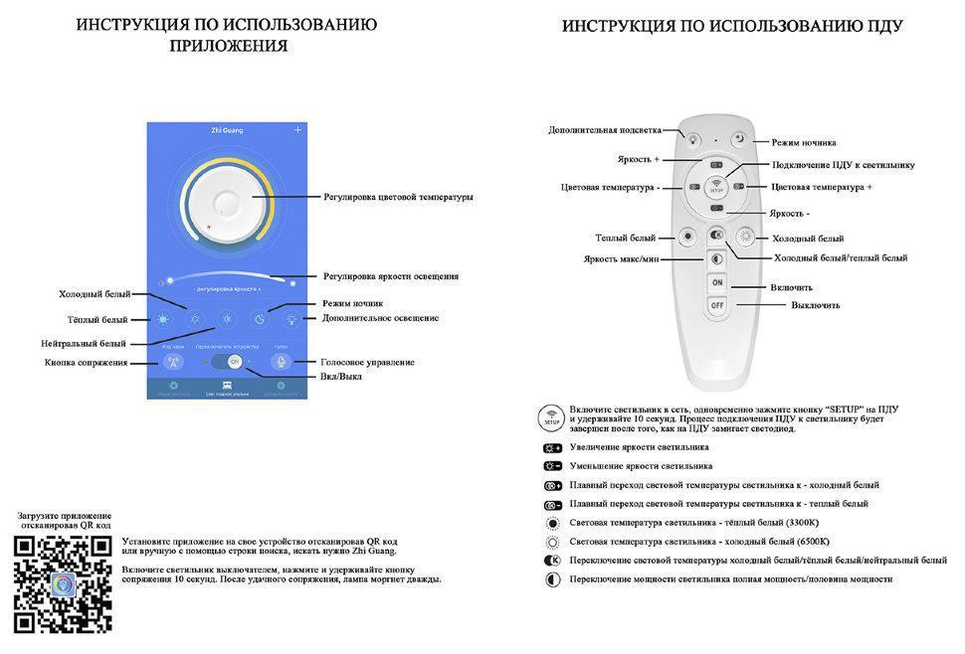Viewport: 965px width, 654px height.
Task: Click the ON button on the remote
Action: [716, 283]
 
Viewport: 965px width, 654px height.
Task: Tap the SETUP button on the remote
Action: [716, 186]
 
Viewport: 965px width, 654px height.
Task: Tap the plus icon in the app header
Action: [297, 130]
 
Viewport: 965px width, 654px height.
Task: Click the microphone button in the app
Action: [281, 363]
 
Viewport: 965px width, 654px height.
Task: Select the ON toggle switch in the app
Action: [234, 363]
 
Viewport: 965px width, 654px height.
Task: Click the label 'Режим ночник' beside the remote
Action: [804, 142]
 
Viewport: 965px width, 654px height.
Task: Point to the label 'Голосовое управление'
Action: [367, 362]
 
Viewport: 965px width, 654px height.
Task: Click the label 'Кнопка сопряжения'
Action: [86, 363]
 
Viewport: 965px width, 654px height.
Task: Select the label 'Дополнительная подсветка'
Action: [604, 130]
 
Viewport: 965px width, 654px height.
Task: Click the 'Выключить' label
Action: [816, 305]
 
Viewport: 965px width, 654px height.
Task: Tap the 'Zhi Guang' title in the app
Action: [227, 130]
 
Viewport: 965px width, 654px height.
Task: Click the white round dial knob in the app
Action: [228, 204]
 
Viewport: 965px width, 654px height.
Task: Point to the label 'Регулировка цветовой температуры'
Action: [398, 197]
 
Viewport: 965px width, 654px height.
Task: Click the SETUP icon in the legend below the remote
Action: [551, 417]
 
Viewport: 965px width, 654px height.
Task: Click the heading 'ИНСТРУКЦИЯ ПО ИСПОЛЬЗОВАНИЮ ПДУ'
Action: [732, 27]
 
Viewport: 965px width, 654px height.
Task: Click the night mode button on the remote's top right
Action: [739, 140]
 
